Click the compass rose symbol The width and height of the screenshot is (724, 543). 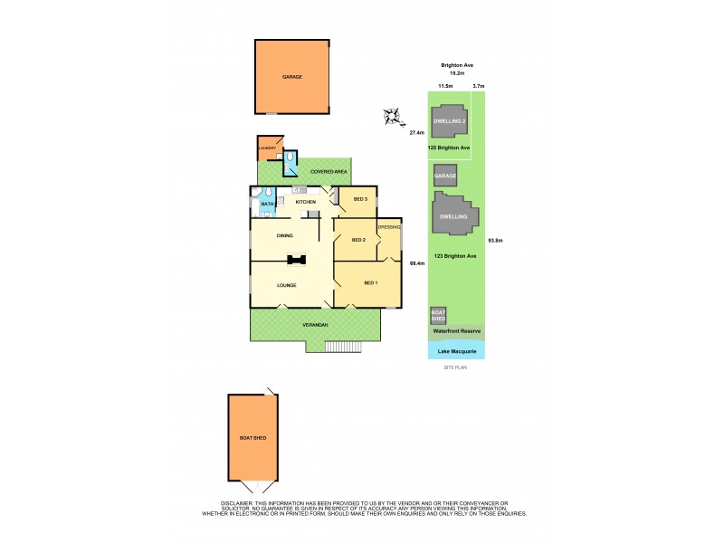393,116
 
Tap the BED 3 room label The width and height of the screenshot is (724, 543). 359,199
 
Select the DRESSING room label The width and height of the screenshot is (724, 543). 389,227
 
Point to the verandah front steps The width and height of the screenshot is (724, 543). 344,346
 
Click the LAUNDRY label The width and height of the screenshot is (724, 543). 267,148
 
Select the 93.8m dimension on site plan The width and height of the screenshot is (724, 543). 495,240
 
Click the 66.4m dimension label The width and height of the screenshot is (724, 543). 417,263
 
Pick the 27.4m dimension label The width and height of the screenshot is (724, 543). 417,133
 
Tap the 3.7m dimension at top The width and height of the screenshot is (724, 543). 479,86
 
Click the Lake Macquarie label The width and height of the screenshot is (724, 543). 456,350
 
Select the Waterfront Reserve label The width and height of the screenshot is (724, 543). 456,332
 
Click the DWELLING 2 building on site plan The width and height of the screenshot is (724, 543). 451,120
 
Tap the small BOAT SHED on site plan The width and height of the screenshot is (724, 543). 437,316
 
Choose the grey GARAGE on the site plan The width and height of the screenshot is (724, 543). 443,176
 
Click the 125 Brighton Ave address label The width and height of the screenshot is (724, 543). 451,148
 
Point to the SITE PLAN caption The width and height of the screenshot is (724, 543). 453,367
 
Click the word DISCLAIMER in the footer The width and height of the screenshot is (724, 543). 238,503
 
